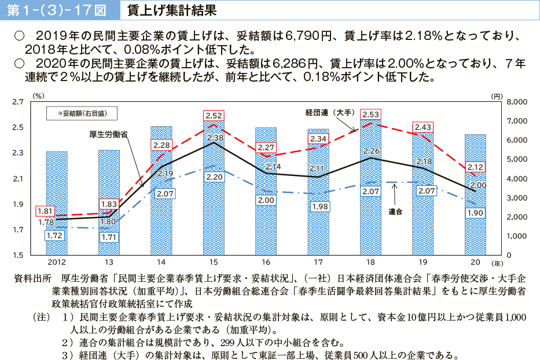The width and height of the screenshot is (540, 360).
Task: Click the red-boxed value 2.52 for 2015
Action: (214, 116)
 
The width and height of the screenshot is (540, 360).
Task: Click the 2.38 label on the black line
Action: (215, 138)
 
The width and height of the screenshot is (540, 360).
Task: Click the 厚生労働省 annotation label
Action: (109, 134)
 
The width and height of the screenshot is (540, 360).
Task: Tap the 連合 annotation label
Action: (395, 212)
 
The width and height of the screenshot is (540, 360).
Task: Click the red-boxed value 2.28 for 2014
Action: (161, 145)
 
